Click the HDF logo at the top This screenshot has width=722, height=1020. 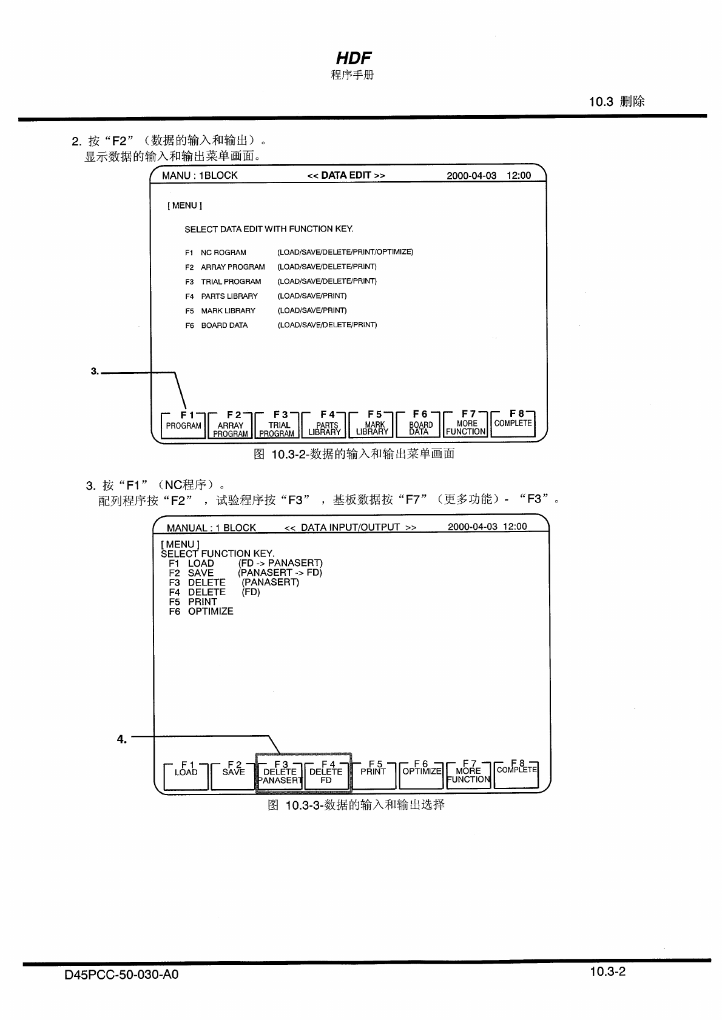[353, 58]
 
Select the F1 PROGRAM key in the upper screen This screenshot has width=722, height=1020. [183, 425]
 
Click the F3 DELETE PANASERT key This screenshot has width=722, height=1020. [280, 775]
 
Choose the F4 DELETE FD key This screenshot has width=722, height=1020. [326, 775]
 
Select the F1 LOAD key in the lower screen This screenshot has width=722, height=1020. [186, 775]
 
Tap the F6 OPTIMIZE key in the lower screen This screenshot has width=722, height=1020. [422, 775]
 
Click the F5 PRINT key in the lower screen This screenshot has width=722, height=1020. [373, 775]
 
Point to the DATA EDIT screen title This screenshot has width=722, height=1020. [346, 175]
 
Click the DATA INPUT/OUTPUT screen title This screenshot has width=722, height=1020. [350, 527]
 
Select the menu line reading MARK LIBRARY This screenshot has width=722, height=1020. [228, 310]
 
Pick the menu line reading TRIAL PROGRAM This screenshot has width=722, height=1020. [231, 281]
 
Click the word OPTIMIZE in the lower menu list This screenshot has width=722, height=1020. [210, 612]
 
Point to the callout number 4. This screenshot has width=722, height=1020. [122, 739]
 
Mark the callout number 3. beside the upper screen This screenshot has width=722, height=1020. [95, 371]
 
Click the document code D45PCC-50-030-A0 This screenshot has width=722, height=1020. [121, 975]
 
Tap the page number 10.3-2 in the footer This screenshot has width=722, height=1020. [607, 972]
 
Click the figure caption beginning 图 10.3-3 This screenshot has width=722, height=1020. [356, 805]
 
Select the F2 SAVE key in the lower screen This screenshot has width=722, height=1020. [233, 775]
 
